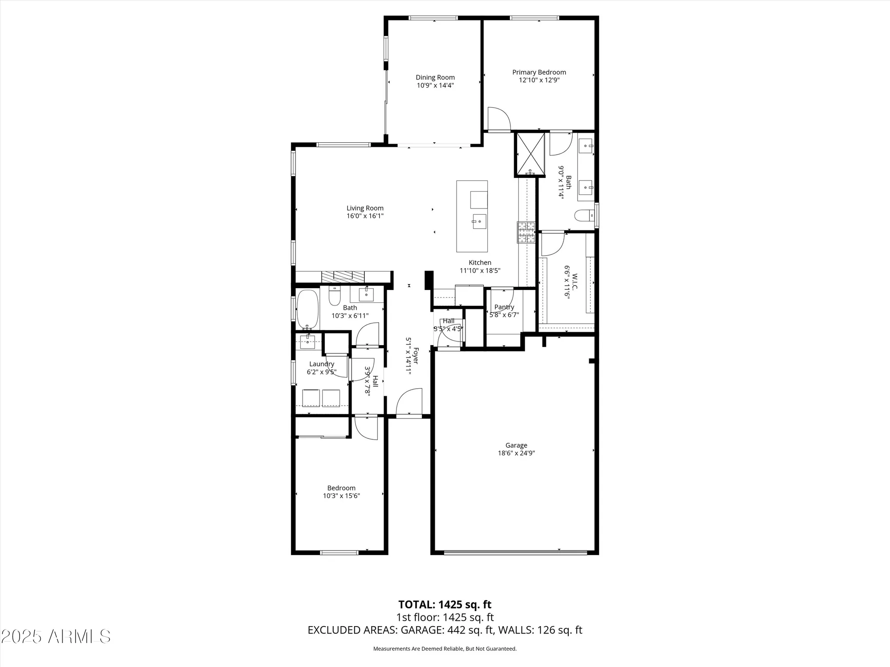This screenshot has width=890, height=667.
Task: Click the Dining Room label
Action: point(435,77)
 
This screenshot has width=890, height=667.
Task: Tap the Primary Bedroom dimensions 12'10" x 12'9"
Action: point(539,80)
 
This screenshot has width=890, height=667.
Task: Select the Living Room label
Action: point(365,208)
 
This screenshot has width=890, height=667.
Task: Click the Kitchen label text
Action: point(480,263)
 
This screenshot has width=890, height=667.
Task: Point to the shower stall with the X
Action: point(530,153)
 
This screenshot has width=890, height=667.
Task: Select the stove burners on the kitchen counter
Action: point(526,232)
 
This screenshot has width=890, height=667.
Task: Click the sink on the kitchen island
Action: point(479,221)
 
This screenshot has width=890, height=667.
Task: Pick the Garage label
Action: point(516,445)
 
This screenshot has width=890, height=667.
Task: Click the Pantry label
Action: point(504,307)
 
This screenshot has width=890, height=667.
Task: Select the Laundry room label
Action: point(321,364)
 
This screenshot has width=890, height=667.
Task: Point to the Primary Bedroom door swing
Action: point(498,118)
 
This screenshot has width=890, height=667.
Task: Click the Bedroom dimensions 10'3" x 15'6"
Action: point(341,496)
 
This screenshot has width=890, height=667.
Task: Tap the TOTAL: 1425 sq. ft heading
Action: point(445,604)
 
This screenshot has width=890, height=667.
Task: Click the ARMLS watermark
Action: point(55,636)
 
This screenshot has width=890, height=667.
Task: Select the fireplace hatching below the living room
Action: point(343,276)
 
